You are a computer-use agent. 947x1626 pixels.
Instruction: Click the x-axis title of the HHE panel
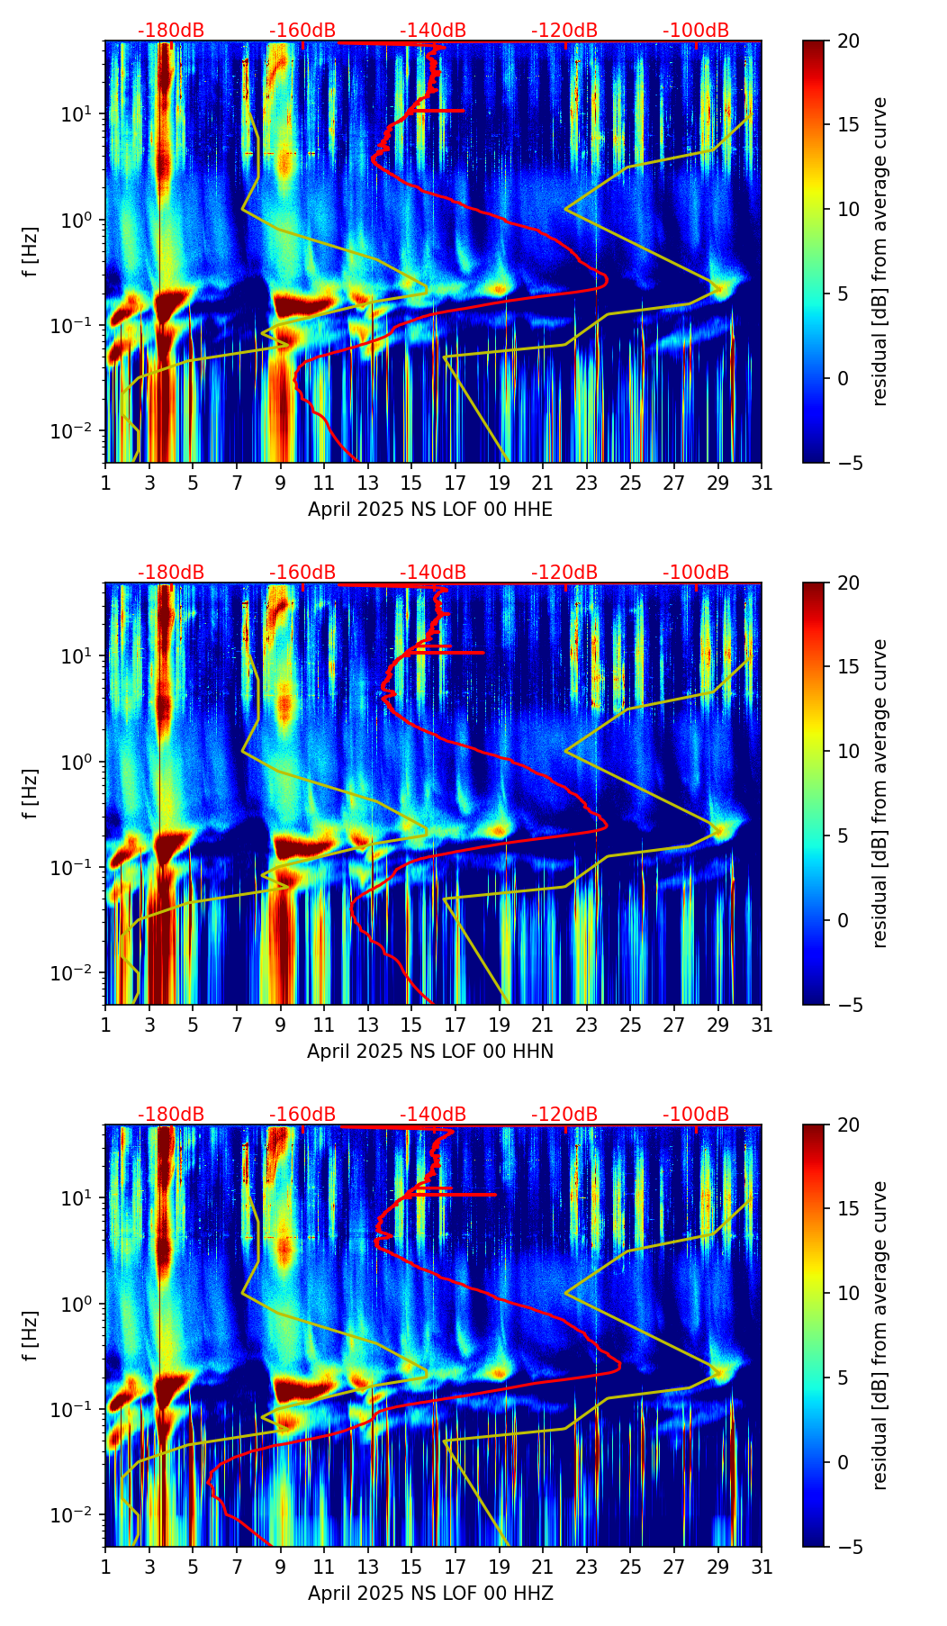click(430, 510)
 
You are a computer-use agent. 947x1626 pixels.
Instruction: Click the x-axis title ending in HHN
click(430, 1052)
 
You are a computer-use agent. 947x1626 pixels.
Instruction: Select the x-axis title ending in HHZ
click(430, 1594)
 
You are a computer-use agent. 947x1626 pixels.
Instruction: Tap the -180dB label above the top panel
click(171, 31)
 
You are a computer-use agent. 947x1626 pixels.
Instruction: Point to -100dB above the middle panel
click(696, 573)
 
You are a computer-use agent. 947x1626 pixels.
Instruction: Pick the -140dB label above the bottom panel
click(433, 1115)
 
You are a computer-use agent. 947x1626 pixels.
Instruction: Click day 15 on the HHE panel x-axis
click(410, 483)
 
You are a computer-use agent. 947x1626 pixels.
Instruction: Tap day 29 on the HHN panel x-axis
click(718, 1025)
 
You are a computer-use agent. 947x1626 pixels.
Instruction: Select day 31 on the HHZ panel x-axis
click(762, 1567)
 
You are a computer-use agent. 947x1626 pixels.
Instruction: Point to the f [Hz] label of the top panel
click(32, 252)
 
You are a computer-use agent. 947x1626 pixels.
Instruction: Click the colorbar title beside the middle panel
click(879, 793)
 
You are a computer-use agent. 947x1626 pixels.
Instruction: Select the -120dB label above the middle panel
click(564, 573)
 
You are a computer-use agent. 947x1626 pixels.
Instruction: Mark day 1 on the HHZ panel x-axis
click(105, 1567)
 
